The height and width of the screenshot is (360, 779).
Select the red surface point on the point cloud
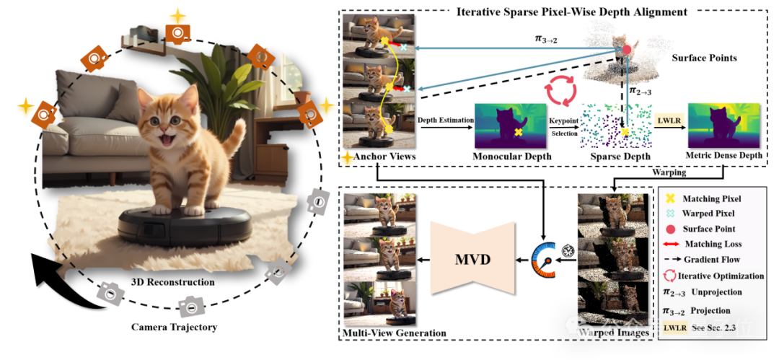pos(627,49)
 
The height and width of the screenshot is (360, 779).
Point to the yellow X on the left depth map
pos(519,132)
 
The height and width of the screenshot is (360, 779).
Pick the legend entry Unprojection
pos(717,293)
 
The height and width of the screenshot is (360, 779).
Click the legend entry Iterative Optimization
pos(720,276)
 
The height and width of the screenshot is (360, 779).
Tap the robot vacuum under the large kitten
pos(185,225)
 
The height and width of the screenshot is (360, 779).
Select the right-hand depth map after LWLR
pos(723,124)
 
